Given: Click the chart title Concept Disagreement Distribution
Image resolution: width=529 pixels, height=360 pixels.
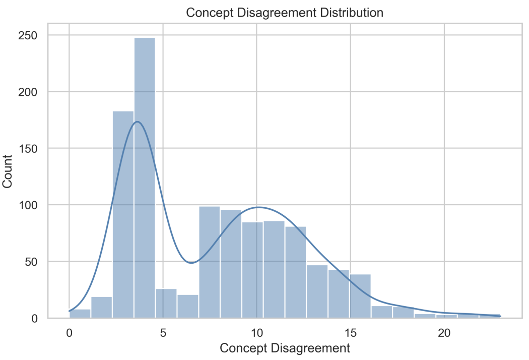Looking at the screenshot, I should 285,13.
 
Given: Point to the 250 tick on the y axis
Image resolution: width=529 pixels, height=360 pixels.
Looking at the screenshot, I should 33,35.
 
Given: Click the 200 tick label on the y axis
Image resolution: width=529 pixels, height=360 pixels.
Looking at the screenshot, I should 33,92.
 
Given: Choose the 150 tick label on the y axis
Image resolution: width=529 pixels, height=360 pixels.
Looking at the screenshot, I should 33,149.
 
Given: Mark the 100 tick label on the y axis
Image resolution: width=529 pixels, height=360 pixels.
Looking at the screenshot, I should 33,205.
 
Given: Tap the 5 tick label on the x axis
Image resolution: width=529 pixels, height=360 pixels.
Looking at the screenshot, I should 163,333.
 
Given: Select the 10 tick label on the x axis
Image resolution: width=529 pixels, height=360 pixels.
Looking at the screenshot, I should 257,333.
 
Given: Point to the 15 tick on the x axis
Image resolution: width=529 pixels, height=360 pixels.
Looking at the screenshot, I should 351,333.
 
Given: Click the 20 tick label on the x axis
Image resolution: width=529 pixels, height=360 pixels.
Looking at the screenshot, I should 444,333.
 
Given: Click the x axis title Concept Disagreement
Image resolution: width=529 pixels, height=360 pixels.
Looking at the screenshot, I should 285,348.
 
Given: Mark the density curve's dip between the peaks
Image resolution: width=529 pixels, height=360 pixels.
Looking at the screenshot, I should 190,263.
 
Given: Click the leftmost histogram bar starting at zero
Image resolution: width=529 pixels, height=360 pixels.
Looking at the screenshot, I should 80,314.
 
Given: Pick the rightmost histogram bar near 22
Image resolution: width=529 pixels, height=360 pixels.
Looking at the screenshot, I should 490,316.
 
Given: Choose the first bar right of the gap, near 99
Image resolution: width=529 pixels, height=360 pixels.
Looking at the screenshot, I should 209,262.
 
